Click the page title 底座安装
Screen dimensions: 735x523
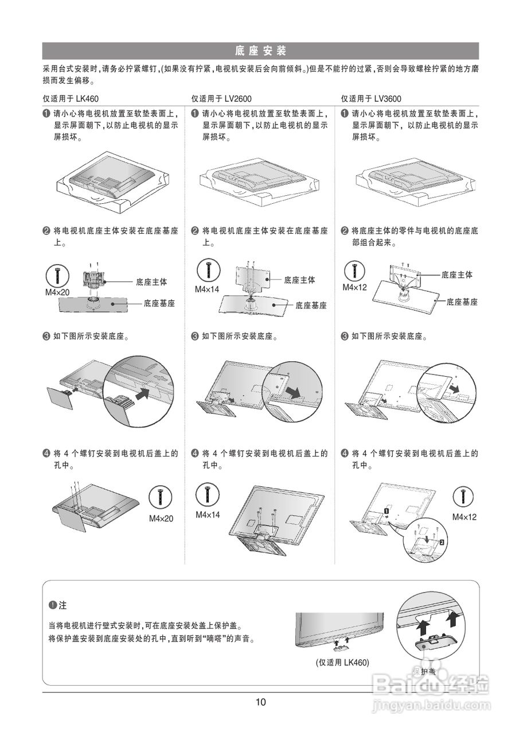[260, 51]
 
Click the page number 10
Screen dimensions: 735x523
[261, 702]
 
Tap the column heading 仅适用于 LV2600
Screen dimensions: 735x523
[221, 99]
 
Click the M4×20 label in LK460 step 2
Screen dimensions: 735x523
[57, 293]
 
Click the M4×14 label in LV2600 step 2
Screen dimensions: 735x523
[207, 289]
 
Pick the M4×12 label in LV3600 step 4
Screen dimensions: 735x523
[465, 517]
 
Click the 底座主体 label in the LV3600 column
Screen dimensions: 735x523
[457, 275]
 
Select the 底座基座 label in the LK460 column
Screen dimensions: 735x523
[159, 303]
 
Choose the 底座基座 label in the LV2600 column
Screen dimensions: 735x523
[311, 306]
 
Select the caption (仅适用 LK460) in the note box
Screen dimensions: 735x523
[342, 662]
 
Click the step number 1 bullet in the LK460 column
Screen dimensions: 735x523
[46, 114]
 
